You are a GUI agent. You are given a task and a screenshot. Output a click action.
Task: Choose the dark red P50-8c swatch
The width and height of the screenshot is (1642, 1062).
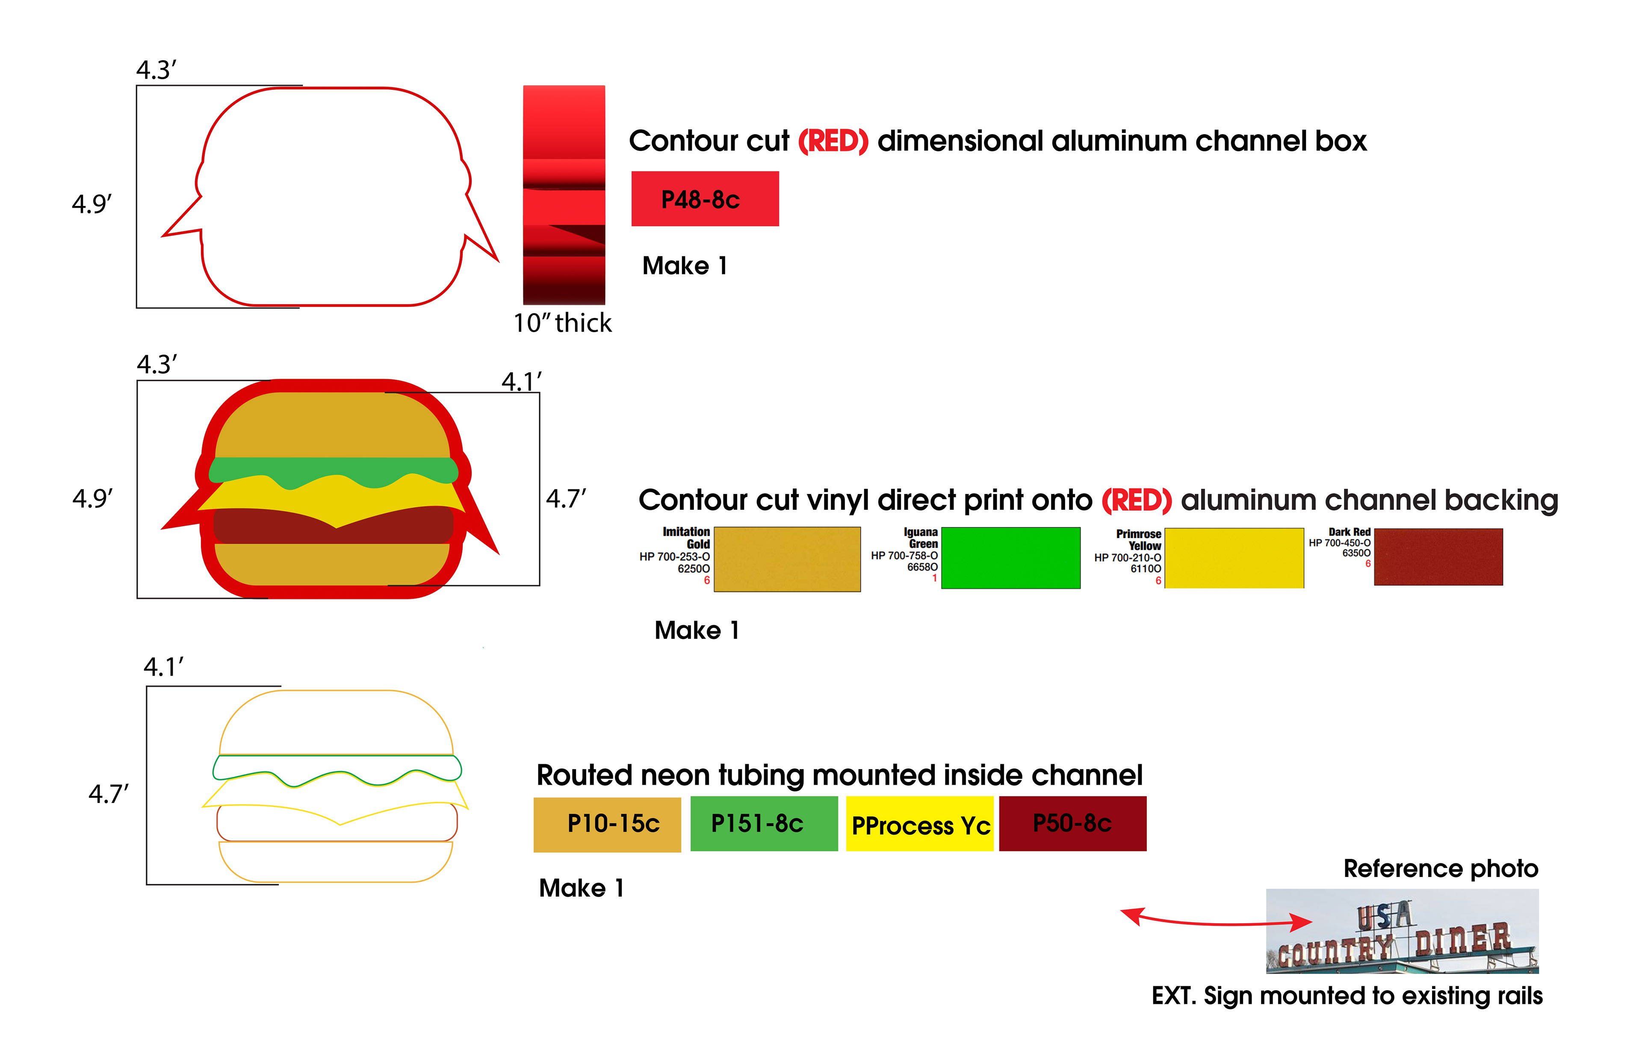pos(1072,824)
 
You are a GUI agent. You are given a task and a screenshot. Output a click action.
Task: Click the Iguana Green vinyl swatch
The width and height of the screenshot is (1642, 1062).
pos(1010,558)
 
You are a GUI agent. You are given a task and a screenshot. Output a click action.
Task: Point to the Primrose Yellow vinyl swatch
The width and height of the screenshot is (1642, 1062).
pos(1234,558)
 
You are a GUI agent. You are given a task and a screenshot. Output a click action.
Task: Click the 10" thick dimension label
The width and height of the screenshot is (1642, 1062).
pos(562,323)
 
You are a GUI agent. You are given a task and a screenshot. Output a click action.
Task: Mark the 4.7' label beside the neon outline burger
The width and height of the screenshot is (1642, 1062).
pos(108,794)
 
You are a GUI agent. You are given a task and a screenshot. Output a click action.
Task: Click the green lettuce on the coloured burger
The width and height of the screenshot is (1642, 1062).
pos(333,471)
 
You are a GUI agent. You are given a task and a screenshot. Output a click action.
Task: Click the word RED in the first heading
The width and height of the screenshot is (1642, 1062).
pos(833,141)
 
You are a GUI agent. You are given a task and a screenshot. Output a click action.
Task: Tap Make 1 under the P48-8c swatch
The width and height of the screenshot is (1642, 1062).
pos(685,265)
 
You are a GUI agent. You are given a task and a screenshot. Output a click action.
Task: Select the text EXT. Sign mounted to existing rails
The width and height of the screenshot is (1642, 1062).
pos(1347,996)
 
